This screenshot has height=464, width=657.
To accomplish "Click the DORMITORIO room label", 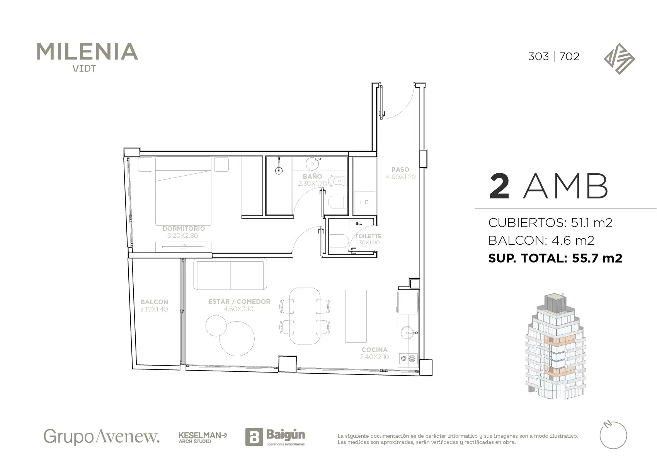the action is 184,229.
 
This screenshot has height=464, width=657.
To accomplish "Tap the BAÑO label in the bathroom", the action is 312,176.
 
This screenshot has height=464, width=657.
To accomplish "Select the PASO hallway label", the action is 400,169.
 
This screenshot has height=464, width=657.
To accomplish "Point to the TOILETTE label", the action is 368,236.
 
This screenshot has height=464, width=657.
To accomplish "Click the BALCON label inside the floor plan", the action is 154,302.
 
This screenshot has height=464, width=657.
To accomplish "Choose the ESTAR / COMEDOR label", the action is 239,301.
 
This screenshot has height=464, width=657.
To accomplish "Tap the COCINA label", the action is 374,350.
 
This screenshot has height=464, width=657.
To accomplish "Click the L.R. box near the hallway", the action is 364,202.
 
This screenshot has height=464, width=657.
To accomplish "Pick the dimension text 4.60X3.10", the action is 238,309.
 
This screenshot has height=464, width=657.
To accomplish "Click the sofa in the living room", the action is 230,274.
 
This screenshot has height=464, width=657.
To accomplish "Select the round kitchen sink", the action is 408,333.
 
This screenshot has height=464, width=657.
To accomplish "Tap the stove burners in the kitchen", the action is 408,358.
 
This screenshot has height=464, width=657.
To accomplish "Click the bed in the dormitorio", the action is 183,191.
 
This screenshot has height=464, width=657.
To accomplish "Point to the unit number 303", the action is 538,56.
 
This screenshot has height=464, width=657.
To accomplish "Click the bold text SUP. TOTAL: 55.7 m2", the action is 555,258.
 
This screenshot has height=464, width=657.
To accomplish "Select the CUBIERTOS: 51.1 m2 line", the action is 550,223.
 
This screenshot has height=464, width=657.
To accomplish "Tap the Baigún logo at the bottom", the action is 275,437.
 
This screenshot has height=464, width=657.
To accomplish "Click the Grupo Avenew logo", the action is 102,437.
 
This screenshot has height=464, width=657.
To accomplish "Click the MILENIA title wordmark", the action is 87,52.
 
